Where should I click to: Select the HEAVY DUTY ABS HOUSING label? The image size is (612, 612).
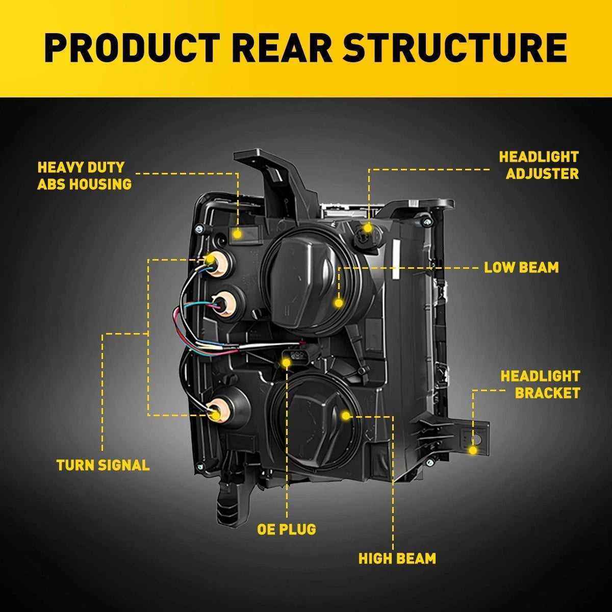tap(85, 175)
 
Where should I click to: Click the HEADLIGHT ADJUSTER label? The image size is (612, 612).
tap(539, 165)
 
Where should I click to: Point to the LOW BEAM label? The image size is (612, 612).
tap(521, 267)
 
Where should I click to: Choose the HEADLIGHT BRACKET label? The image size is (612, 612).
tap(541, 385)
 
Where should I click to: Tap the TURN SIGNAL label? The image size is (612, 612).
tap(103, 465)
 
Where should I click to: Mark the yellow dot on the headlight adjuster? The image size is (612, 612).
tap(368, 227)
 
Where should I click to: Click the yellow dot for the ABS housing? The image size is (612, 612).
tap(237, 235)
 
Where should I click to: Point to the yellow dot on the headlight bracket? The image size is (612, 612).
tap(473, 450)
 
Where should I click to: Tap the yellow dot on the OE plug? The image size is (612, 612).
tap(286, 363)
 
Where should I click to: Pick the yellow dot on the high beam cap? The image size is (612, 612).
tap(346, 416)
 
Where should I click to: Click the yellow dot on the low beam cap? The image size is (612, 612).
tap(339, 303)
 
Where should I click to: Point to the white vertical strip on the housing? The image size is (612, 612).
tap(395, 260)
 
